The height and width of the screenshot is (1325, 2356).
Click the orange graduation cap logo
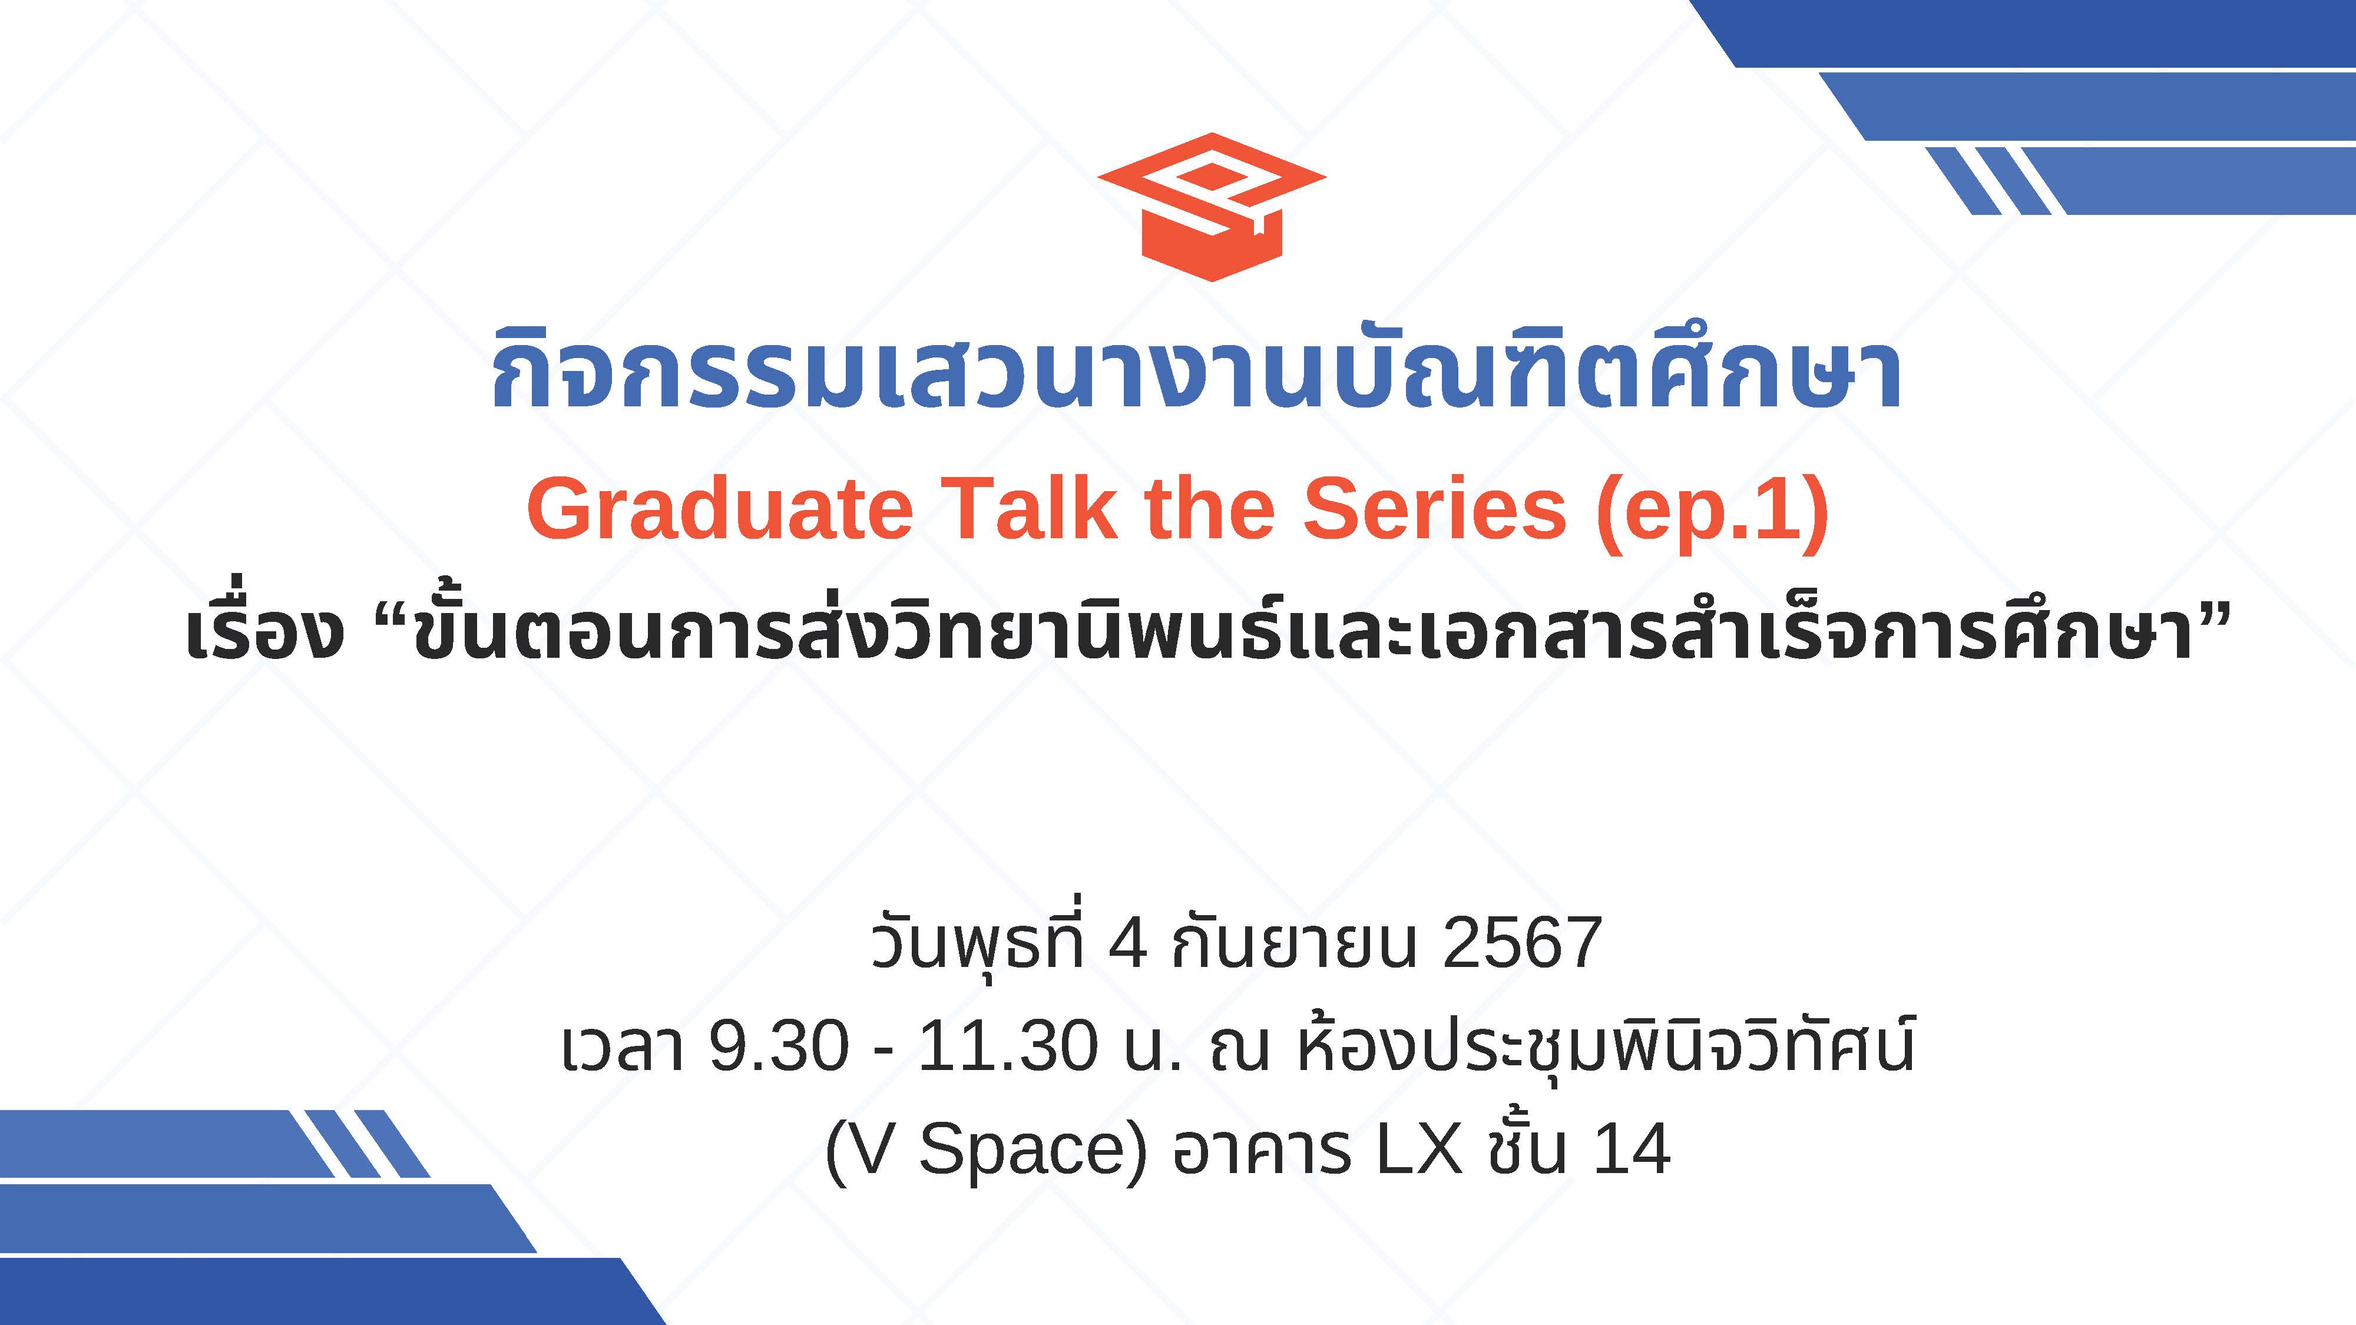tap(1211, 207)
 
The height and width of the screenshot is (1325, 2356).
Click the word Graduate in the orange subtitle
tap(720, 510)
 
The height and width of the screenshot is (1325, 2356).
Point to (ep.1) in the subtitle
tap(1712, 514)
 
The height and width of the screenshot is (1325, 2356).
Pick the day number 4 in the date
tap(1127, 943)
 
